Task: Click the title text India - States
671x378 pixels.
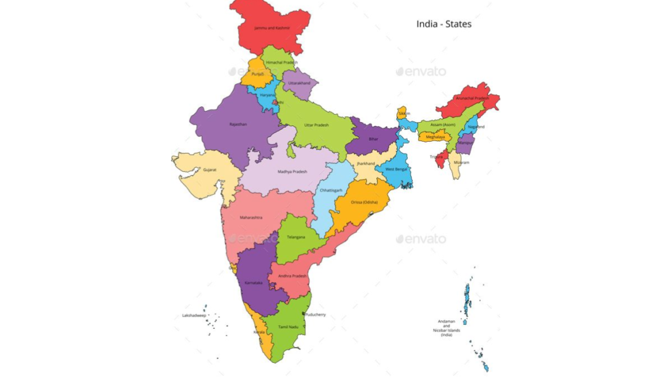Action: coord(444,24)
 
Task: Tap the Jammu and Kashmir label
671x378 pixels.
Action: coord(272,29)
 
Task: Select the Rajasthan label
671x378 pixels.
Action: coord(239,124)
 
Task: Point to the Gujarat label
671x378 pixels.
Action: coord(210,169)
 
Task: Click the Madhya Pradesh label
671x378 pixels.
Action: coord(292,172)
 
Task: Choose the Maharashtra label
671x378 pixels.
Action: coord(251,217)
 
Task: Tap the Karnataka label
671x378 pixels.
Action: coord(254,282)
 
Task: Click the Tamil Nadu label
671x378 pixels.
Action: coord(288,326)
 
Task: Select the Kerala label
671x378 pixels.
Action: coord(259,332)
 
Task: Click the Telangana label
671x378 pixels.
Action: coord(296,237)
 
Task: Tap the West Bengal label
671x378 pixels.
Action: coord(396,169)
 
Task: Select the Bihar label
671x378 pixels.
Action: coord(374,139)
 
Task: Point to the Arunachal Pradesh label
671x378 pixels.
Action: coord(472,98)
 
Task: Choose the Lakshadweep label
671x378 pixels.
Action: coord(194,316)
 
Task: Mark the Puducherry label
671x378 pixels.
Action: coord(315,315)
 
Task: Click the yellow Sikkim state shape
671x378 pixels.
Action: coord(402,113)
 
